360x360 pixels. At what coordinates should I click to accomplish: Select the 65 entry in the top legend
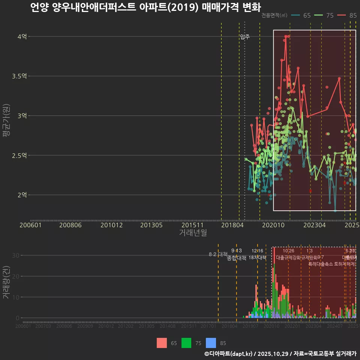coord(306,15)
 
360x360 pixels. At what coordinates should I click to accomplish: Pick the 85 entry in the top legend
coord(353,15)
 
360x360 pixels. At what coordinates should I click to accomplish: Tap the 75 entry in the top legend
coord(330,15)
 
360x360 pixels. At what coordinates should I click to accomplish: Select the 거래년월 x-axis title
coord(193,233)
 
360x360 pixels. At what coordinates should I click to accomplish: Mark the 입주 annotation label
coord(245,37)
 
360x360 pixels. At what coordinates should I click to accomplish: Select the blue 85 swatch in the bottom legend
coord(211,343)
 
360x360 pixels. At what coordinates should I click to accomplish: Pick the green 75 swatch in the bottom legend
coord(186,343)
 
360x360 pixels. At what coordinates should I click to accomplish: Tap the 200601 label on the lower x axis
coord(23,326)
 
